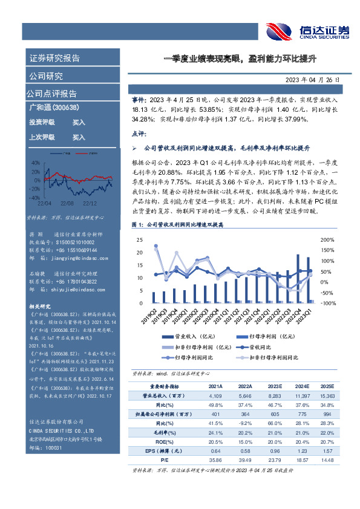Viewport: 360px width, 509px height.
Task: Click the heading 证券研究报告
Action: (54, 59)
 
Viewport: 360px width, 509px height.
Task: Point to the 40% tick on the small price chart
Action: (36, 163)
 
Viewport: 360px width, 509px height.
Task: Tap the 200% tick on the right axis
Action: (327, 222)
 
